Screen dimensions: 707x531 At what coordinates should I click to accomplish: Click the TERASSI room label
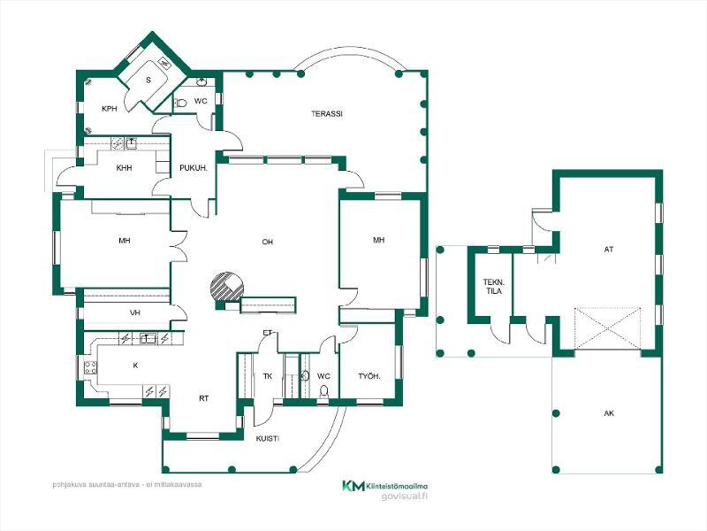tap(327, 114)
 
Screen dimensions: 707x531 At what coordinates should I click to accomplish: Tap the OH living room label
tap(268, 242)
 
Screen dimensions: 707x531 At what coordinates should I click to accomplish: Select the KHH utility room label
tap(124, 168)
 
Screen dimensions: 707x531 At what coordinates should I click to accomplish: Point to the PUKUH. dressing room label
tap(194, 168)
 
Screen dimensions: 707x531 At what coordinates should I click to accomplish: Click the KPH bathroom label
tap(110, 109)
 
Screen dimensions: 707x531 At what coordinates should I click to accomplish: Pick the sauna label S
tap(148, 81)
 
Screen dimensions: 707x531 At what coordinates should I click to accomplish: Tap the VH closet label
tap(135, 312)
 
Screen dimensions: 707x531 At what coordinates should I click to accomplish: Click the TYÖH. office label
tap(369, 376)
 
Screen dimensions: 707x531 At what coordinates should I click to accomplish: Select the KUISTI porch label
tap(268, 438)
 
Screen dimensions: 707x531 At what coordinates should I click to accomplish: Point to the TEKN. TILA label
tap(493, 287)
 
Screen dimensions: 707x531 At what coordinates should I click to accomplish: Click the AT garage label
tap(609, 250)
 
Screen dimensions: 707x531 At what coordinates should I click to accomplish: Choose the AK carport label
tap(609, 413)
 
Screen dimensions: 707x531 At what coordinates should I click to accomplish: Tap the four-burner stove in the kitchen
tap(90, 368)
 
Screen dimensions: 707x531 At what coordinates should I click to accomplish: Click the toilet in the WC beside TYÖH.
tap(323, 391)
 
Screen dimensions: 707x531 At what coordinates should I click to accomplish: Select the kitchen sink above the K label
tap(148, 338)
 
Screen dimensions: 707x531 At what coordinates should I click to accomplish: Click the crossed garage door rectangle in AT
tap(607, 328)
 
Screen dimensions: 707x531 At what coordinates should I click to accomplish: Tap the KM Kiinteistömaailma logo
tap(384, 486)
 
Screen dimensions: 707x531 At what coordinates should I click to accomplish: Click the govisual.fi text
tap(404, 496)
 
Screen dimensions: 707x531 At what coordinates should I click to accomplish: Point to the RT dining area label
tap(204, 399)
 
